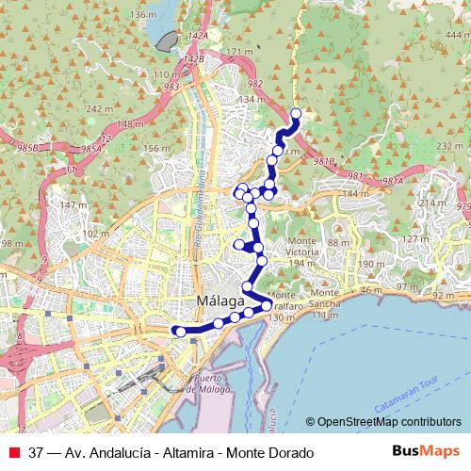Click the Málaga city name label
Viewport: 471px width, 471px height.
pyautogui.click(x=222, y=301)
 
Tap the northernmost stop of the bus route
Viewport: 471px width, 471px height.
pyautogui.click(x=296, y=114)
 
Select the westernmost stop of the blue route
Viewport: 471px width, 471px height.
pyautogui.click(x=175, y=330)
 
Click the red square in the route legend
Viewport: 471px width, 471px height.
pyautogui.click(x=13, y=452)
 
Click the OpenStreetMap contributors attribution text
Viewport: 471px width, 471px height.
pyautogui.click(x=388, y=423)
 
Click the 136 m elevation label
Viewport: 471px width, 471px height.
pyautogui.click(x=141, y=16)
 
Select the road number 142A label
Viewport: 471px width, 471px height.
pyautogui.click(x=197, y=35)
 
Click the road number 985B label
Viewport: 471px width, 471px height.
pyautogui.click(x=28, y=149)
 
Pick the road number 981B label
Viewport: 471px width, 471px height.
pyautogui.click(x=324, y=161)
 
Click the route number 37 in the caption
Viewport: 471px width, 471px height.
pyautogui.click(x=37, y=452)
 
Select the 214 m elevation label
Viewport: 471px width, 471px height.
pyautogui.click(x=433, y=203)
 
